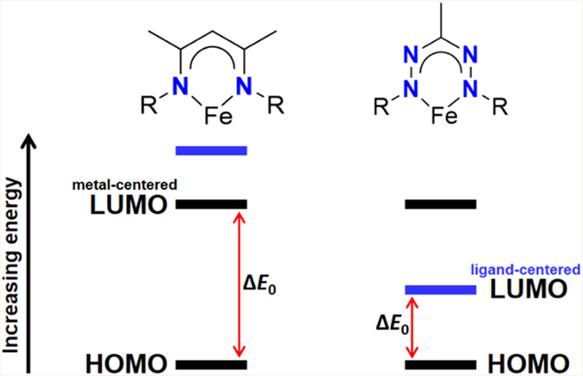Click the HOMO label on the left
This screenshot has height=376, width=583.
coord(126,362)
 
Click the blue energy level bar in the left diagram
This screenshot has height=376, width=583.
coord(212,151)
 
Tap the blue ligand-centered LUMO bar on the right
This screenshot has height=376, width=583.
coord(440,290)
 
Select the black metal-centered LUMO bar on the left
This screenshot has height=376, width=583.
coord(212,204)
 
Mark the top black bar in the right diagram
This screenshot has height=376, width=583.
coord(440,204)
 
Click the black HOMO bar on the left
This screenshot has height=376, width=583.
coord(212,362)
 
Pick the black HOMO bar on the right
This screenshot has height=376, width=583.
coord(440,362)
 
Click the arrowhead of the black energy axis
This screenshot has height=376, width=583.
coord(29,140)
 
